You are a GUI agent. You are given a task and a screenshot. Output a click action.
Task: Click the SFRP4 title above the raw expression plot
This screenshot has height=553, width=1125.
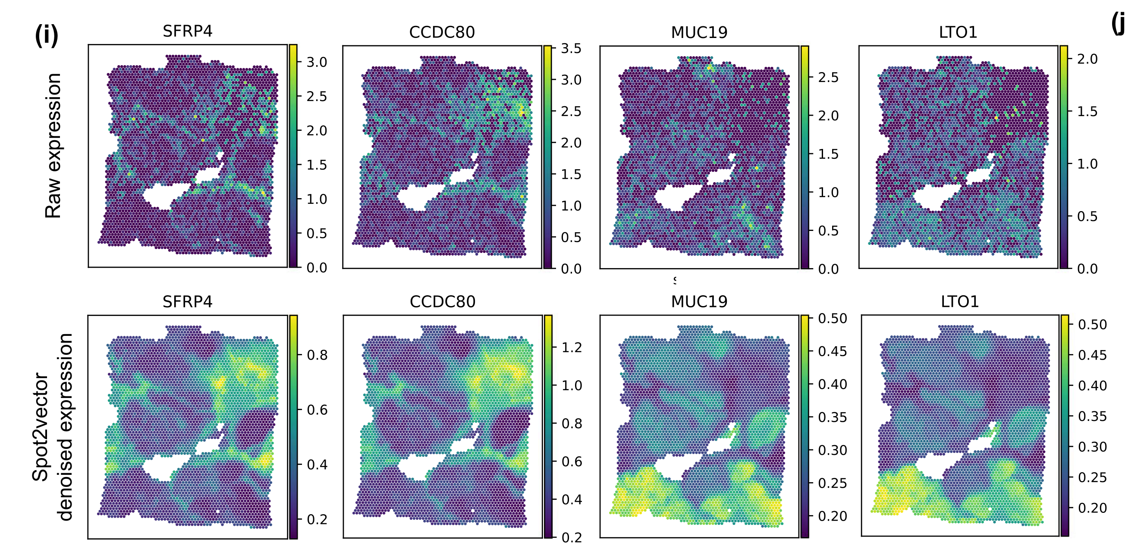click(x=187, y=32)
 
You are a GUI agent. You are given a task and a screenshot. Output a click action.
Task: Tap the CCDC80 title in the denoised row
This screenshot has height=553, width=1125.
click(x=443, y=302)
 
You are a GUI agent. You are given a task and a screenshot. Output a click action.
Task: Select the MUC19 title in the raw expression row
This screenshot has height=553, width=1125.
click(x=699, y=32)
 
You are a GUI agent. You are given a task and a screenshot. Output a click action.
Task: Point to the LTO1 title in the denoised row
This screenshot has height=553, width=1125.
click(x=959, y=302)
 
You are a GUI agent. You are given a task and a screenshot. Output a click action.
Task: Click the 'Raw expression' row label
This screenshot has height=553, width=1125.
click(x=53, y=145)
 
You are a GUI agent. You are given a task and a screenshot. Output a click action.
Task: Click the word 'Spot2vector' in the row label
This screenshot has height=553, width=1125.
click(x=40, y=427)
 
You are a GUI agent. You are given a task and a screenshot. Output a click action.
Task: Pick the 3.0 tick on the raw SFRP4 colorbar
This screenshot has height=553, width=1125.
click(x=317, y=62)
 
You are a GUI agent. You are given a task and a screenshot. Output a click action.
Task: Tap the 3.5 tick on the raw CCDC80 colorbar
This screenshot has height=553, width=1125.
click(x=571, y=48)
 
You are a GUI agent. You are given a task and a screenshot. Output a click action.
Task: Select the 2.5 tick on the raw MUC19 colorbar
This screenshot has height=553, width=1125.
click(x=828, y=78)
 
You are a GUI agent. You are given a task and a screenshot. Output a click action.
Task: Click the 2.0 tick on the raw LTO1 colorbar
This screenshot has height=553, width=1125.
click(x=1087, y=59)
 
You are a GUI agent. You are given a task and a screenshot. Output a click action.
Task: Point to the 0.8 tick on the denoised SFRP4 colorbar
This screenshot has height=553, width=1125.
click(x=317, y=355)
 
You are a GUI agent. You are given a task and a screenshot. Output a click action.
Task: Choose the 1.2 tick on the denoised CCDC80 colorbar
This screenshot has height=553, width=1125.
click(x=572, y=348)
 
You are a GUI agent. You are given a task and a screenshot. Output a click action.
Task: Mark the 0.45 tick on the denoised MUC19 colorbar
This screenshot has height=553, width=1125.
click(x=832, y=351)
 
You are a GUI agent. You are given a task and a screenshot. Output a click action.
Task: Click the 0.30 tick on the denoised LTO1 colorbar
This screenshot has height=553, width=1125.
click(x=1092, y=447)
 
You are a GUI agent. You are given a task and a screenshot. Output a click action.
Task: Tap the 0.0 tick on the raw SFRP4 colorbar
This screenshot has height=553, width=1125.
click(x=317, y=268)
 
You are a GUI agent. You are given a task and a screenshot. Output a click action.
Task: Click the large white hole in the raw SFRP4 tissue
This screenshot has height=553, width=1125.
click(x=164, y=196)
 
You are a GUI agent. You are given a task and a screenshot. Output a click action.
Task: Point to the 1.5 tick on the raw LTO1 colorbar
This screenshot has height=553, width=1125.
click(x=1087, y=111)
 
